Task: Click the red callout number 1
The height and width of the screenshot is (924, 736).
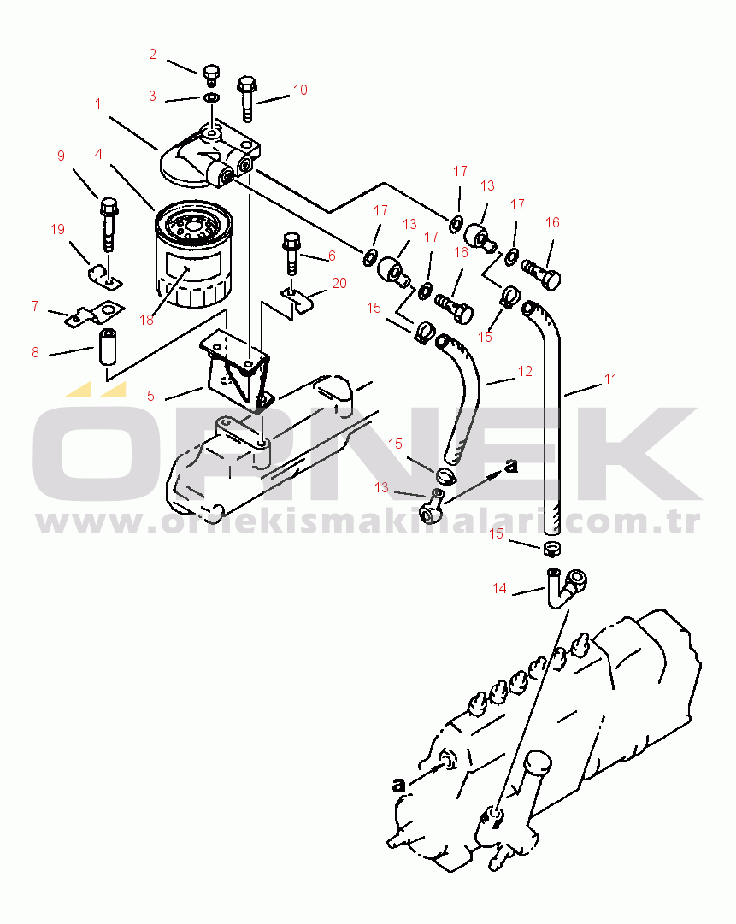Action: [x=97, y=103]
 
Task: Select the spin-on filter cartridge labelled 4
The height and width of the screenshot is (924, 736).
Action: [x=193, y=254]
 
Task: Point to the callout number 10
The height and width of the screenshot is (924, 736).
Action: [x=300, y=90]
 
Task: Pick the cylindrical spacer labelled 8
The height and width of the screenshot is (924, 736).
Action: [x=108, y=347]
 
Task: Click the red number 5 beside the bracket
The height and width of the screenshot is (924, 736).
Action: [x=150, y=396]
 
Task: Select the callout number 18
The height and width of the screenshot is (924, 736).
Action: [x=146, y=320]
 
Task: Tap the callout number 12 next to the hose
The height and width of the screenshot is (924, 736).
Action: [x=525, y=371]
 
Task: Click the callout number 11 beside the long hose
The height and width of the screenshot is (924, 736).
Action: [x=610, y=379]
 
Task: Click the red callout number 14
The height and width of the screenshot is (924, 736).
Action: [x=500, y=588]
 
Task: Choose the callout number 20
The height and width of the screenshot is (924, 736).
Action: [x=339, y=284]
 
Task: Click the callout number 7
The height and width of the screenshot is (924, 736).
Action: [x=35, y=306]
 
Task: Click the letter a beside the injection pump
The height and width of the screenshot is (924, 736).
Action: [x=399, y=785]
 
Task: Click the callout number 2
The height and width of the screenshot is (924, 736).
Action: [x=153, y=54]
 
